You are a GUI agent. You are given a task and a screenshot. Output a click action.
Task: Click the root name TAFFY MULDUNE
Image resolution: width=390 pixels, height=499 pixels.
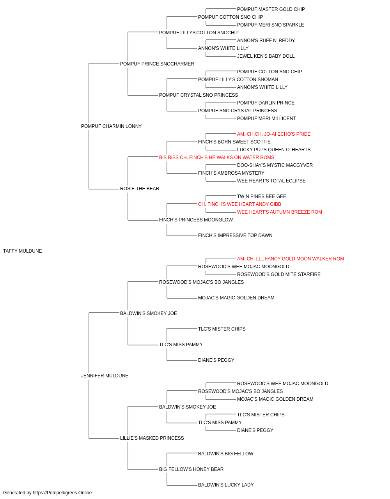(23, 251)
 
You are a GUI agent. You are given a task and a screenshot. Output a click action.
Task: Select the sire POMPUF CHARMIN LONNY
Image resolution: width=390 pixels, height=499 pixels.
(111, 126)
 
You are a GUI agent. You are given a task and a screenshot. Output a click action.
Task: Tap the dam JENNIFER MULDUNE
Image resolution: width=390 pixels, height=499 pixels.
(105, 376)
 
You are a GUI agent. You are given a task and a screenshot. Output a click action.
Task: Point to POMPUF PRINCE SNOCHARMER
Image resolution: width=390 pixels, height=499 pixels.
(157, 64)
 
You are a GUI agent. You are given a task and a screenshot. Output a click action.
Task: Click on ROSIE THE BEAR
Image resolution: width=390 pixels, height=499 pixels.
(140, 189)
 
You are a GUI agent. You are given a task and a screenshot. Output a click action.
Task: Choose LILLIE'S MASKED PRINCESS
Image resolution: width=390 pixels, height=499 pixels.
(152, 438)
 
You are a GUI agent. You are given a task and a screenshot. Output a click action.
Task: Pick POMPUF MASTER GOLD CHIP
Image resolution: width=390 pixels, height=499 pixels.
(271, 9)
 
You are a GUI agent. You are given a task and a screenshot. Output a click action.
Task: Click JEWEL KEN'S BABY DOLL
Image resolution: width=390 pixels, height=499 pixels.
(266, 56)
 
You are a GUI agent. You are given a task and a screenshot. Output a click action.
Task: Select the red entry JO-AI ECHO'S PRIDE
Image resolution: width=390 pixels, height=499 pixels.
(274, 134)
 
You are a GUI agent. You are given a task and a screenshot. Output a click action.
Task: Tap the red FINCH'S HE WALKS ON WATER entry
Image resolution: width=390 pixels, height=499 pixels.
(216, 157)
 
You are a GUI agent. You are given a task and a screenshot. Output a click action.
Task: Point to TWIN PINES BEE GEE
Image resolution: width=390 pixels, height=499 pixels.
(262, 196)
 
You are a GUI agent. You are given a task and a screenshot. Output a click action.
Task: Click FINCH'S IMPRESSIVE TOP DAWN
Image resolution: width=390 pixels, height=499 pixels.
(235, 235)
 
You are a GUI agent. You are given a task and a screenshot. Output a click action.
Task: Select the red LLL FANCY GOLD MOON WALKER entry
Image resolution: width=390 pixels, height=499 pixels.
(291, 259)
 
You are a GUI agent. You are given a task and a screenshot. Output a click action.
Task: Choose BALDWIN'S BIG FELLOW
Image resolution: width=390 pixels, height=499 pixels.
(226, 454)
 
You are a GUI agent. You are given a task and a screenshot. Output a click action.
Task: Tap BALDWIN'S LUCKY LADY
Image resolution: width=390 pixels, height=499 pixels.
(226, 485)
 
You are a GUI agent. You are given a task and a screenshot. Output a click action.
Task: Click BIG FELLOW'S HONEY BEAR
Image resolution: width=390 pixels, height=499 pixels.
(191, 469)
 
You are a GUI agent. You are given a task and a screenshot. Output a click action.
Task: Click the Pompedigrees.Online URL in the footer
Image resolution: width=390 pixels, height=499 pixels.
(62, 493)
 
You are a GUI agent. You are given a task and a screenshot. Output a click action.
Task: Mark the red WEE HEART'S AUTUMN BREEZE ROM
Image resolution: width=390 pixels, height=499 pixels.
(280, 212)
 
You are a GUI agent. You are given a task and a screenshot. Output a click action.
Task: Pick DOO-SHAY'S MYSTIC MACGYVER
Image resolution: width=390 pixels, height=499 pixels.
(275, 165)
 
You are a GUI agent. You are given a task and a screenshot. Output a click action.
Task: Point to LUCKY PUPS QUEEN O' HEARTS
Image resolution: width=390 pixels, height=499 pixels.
(274, 150)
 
